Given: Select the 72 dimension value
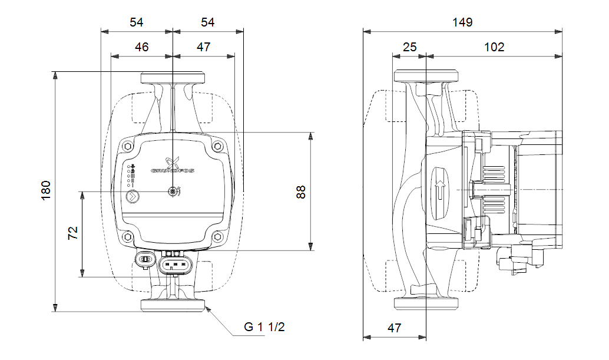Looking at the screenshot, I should [x=72, y=232].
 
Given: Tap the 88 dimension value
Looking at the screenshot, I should [x=301, y=191].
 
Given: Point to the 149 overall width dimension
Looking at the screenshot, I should [x=462, y=22].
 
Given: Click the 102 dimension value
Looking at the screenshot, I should [x=494, y=47].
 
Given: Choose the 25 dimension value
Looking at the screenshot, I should [x=409, y=47].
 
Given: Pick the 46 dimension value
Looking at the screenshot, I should [x=141, y=47].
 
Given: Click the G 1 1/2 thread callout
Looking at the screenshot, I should [x=264, y=327].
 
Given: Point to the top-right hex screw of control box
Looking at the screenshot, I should [x=217, y=146].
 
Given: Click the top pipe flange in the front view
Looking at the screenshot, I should [x=172, y=77].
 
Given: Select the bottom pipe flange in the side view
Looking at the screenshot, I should [x=426, y=303].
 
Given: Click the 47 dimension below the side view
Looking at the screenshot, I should [x=394, y=328].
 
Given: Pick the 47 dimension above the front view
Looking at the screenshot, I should [x=203, y=47].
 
